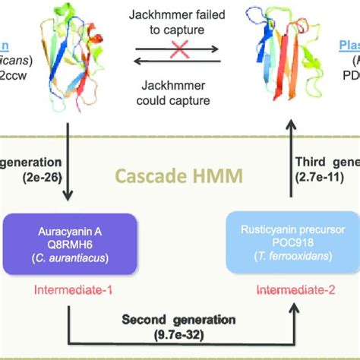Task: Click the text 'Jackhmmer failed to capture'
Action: [x=179, y=24]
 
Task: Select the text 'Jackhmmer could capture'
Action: [x=179, y=87]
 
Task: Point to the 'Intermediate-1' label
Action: [x=71, y=290]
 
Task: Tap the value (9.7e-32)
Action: [x=179, y=335]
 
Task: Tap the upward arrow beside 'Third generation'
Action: [x=289, y=159]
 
